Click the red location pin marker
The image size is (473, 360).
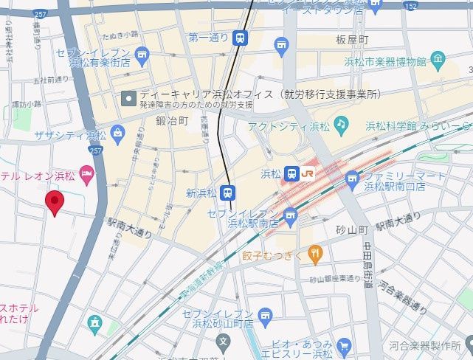pyautogui.click(x=54, y=201)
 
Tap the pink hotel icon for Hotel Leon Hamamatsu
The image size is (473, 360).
pyautogui.click(x=87, y=175)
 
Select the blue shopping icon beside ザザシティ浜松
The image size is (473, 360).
pyautogui.click(x=117, y=134)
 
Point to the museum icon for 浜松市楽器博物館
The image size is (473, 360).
pyautogui.click(x=438, y=59)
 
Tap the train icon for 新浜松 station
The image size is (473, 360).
pyautogui.click(x=229, y=193)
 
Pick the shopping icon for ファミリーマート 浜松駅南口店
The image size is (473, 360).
pyautogui.click(x=352, y=178)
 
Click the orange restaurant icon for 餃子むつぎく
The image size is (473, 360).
pyautogui.click(x=315, y=255)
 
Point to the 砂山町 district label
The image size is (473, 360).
pyautogui.click(x=353, y=230)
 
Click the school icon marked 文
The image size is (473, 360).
pyautogui.click(x=224, y=342)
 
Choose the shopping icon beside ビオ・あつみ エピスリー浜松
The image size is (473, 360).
pyautogui.click(x=343, y=345)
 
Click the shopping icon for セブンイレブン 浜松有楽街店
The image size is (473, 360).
pyautogui.click(x=142, y=53)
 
